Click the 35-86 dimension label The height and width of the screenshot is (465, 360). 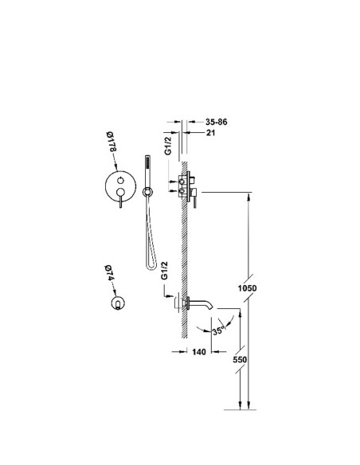pyautogui.click(x=216, y=122)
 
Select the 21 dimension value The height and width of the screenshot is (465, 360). pyautogui.click(x=210, y=132)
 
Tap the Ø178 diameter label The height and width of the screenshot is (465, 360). pyautogui.click(x=112, y=142)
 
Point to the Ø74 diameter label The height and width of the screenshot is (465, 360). pyautogui.click(x=109, y=273)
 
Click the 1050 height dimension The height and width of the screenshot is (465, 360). pyautogui.click(x=248, y=288)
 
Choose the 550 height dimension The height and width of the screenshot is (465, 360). pyautogui.click(x=240, y=359)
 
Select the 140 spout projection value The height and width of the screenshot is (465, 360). pyautogui.click(x=199, y=352)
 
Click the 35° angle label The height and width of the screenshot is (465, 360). pyautogui.click(x=218, y=331)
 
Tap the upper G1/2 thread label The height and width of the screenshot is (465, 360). pyautogui.click(x=168, y=146)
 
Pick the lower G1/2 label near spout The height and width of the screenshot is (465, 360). pyautogui.click(x=164, y=271)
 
